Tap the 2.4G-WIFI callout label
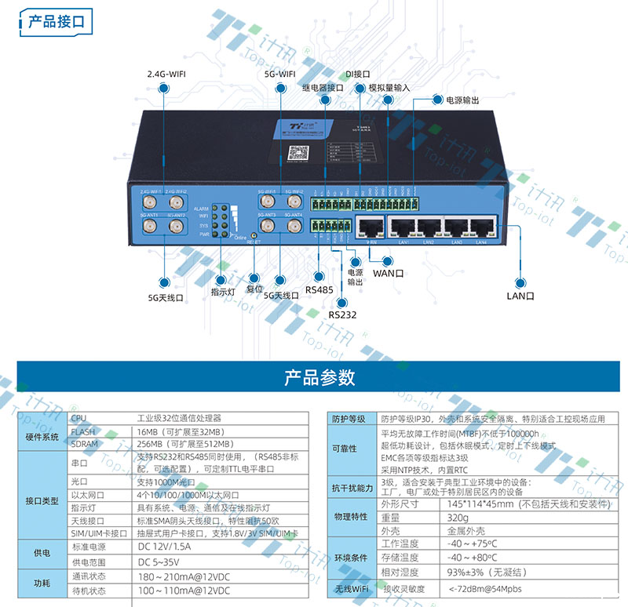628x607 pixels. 166,75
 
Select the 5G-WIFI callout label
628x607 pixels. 280,75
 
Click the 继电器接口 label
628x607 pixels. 323,89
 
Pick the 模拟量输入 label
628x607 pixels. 389,89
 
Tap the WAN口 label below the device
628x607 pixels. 388,274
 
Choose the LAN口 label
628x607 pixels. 520,296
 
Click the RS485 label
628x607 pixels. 319,289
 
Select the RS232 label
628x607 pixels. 342,314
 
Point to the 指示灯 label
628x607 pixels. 223,292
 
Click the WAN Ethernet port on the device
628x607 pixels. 370,228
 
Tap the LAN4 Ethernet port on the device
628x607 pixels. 482,228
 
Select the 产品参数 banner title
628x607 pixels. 319,378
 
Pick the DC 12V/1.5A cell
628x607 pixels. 165,523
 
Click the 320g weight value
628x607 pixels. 458,518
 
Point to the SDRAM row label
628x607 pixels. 85,443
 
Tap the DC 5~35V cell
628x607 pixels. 159,540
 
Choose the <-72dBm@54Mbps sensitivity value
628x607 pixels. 484,587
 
